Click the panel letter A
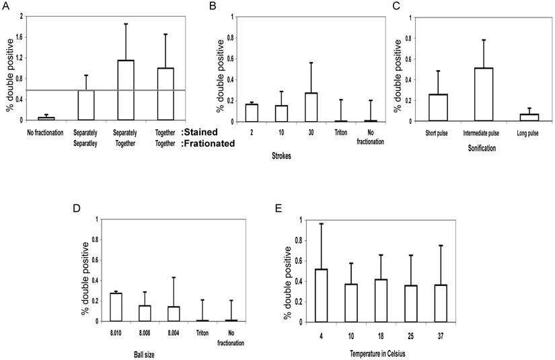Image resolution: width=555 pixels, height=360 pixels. point(5,7)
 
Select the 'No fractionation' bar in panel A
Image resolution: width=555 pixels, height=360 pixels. point(46,118)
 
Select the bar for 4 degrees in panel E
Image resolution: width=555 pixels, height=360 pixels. point(322,295)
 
